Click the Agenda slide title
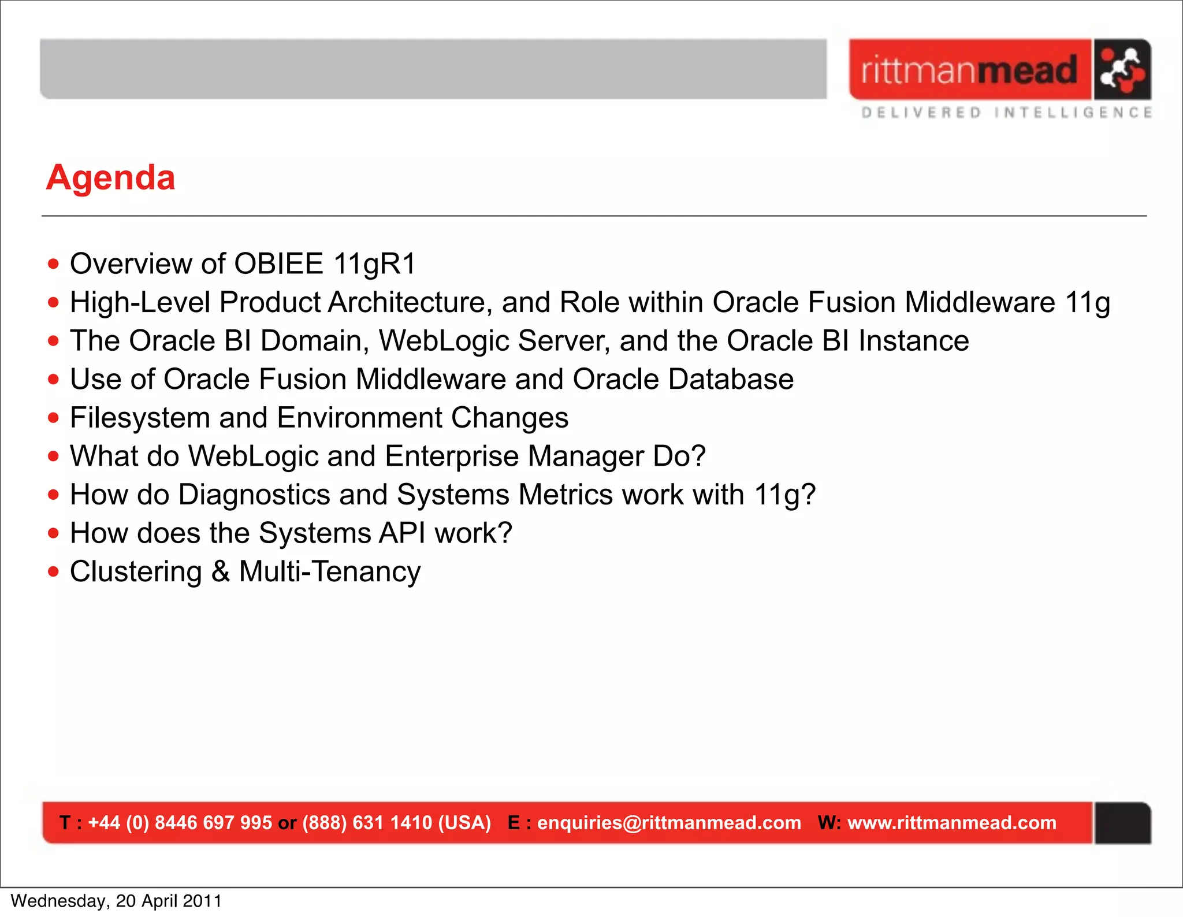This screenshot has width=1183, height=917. point(110,177)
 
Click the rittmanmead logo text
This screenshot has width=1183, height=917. point(969,70)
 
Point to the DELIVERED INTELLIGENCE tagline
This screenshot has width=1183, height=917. point(1006,113)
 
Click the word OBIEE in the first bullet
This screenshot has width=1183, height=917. point(279,264)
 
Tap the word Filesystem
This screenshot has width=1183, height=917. point(140,418)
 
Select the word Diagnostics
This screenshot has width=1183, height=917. point(254,495)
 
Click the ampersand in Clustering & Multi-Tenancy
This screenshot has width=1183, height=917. point(220,572)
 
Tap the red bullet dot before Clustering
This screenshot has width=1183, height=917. point(54,572)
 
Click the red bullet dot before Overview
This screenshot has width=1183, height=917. point(54,265)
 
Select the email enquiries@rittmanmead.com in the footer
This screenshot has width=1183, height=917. point(669,822)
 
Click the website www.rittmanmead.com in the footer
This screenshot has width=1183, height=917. point(951,822)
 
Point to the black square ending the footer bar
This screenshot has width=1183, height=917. point(1122,823)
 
